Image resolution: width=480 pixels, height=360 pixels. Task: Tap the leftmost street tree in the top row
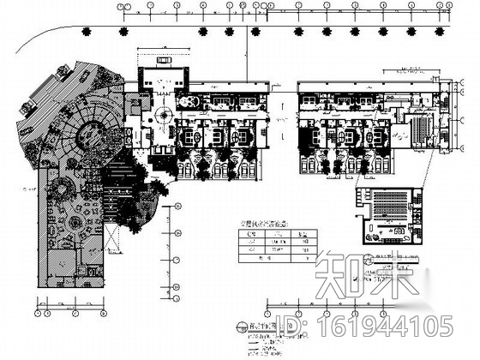point(86,32)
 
